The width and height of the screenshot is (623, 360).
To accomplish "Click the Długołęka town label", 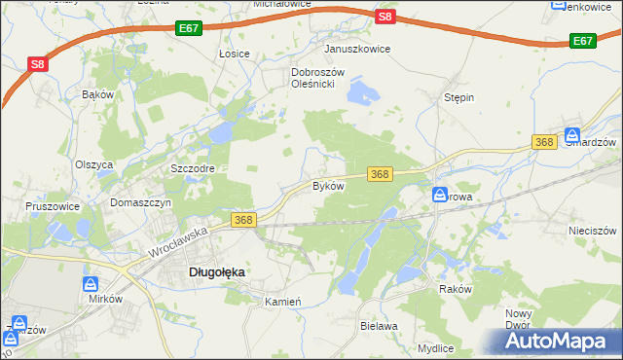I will pos(215,273).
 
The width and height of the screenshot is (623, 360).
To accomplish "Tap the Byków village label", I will pos(328,186).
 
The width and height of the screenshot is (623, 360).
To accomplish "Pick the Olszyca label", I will pos(94,164).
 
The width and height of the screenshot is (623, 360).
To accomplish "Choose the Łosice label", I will pos(235,54).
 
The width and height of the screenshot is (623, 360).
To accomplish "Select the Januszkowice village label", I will pos(357,49).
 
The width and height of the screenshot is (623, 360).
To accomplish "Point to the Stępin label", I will pos(458,98).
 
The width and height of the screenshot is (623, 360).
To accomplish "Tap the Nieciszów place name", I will pos(593,231).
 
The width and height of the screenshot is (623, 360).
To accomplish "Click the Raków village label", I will pos(455,289).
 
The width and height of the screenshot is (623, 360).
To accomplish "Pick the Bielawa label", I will pos(379,326).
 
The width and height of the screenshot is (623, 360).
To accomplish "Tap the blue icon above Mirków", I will pos(91,284).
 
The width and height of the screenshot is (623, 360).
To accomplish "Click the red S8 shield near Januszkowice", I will pos(385,17).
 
